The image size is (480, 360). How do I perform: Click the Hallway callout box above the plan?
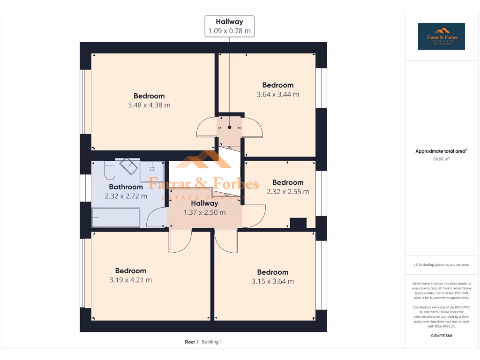pyautogui.click(x=229, y=26)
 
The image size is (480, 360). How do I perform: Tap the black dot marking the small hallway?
pyautogui.click(x=230, y=127)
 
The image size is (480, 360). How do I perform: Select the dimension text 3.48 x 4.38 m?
pyautogui.click(x=149, y=105)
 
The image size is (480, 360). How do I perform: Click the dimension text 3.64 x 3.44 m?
pyautogui.click(x=277, y=94)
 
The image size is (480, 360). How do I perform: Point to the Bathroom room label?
pyautogui.click(x=126, y=187)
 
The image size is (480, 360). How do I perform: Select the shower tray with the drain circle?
pyautogui.click(x=152, y=169)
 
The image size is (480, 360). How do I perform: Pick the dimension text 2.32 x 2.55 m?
pyautogui.click(x=288, y=192)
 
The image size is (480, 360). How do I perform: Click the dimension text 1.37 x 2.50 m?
pyautogui.click(x=204, y=212)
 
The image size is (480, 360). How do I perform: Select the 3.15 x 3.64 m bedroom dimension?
pyautogui.click(x=272, y=281)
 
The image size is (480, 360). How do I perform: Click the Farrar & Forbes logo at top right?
pyautogui.click(x=441, y=37)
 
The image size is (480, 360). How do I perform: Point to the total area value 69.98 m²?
pyautogui.click(x=441, y=159)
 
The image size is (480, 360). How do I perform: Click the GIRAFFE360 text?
pyautogui.click(x=441, y=336)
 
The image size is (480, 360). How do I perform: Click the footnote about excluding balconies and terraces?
pyautogui.click(x=441, y=265)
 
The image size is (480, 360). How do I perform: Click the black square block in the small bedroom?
pyautogui.click(x=298, y=223)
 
